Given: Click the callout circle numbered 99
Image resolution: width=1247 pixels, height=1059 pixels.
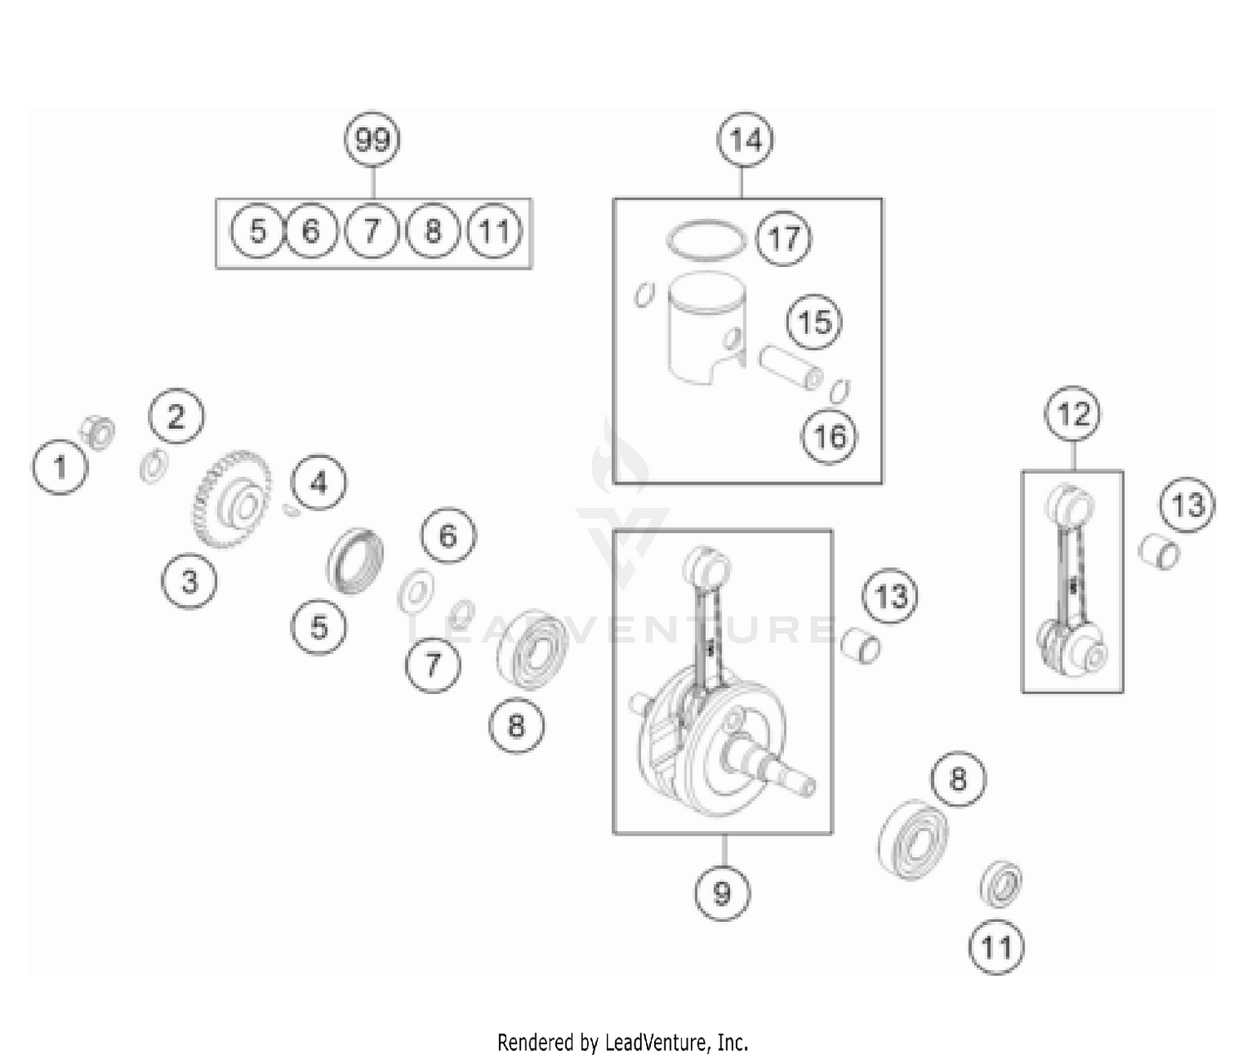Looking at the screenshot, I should point(372,140).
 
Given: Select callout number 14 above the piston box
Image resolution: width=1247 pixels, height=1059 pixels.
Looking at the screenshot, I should point(745,140).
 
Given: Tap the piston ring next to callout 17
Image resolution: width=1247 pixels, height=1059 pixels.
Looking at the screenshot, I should point(707,239).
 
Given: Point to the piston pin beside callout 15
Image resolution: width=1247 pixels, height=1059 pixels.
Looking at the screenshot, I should point(790,367).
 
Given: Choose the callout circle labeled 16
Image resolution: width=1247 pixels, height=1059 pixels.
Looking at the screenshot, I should point(830,436).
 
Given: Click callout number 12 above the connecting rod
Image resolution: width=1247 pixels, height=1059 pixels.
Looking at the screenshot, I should point(1073,413).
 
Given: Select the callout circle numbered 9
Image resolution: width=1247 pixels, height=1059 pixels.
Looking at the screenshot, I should point(722,893).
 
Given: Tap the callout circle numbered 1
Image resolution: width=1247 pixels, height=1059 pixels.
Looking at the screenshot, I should point(60,467).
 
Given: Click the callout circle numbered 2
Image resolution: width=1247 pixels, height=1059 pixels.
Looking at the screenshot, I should point(176,416).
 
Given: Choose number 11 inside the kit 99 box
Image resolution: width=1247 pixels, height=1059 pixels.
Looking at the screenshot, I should point(495,230).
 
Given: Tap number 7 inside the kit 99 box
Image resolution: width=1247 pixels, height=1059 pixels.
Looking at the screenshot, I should point(372,230).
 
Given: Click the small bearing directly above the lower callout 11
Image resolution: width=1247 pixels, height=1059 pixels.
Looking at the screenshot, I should point(1000,884).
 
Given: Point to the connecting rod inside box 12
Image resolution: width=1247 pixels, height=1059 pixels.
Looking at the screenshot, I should point(1072,582).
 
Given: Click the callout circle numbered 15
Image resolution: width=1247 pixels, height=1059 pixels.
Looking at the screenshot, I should point(815,322).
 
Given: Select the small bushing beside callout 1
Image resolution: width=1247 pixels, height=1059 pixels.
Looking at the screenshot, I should point(99,432).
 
